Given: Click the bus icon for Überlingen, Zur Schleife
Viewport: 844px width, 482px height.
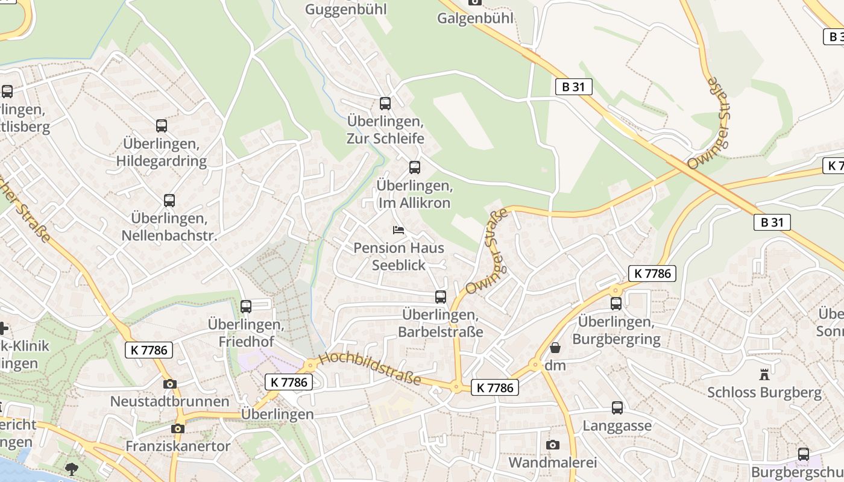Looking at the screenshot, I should click(x=385, y=104).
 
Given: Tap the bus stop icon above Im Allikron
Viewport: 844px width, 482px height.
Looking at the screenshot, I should click(x=415, y=167).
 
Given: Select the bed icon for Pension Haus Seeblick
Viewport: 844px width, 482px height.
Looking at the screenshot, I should click(x=398, y=230).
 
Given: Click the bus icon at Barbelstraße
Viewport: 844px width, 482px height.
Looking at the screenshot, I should click(x=441, y=297).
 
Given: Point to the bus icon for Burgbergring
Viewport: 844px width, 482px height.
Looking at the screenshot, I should click(x=616, y=304).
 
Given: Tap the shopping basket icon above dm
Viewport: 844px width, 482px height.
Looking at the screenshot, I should click(x=555, y=348).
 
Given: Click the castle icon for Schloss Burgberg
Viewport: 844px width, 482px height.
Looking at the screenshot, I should click(x=764, y=375).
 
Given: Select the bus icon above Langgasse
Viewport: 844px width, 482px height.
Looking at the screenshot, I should click(x=617, y=408).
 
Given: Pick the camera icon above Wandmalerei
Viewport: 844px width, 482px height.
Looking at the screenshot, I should click(x=552, y=445).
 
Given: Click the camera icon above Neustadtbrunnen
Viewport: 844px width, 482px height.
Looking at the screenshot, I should click(x=170, y=384).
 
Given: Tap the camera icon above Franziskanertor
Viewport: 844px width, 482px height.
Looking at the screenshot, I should click(x=177, y=428).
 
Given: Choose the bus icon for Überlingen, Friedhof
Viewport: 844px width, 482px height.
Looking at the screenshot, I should click(x=245, y=307).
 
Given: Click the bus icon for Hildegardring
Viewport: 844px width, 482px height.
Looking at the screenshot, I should click(x=161, y=126).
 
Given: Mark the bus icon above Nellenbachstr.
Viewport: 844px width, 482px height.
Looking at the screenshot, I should click(x=169, y=201).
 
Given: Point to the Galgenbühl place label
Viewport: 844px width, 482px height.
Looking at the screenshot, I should click(x=476, y=18).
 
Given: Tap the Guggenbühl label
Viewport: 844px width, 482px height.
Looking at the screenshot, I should click(x=345, y=9).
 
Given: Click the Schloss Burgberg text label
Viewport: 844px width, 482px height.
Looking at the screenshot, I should click(x=764, y=393).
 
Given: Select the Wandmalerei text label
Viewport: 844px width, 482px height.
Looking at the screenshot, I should click(x=552, y=463).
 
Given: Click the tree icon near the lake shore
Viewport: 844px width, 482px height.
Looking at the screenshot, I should click(x=72, y=469).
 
